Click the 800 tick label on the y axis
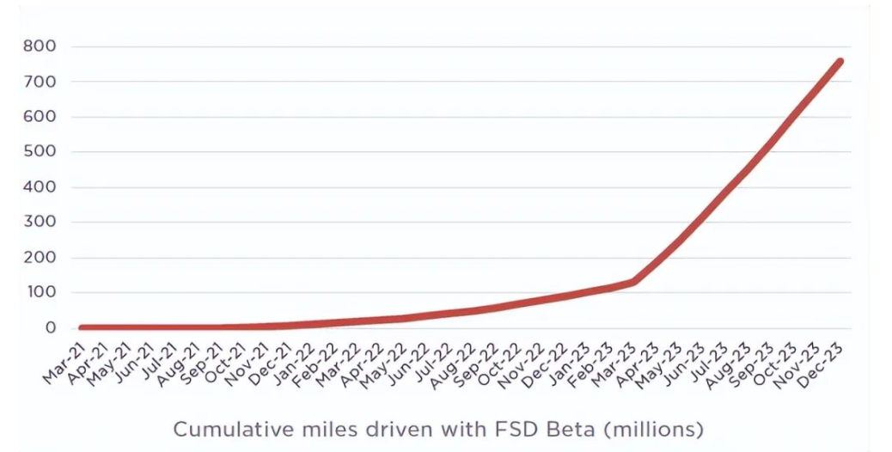40,46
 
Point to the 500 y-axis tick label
40,152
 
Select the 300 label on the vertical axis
40,223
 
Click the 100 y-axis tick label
40,293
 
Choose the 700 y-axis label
40,82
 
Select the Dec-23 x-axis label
826,355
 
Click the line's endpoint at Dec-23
840,62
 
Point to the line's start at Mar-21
81,327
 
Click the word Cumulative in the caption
225,428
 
